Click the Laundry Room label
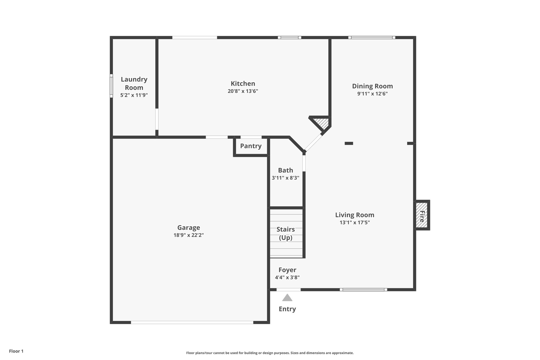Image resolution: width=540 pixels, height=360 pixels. [x=134, y=83]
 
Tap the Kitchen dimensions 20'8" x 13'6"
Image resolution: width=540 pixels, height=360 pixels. [x=243, y=91]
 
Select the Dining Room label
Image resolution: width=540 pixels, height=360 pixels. [x=372, y=86]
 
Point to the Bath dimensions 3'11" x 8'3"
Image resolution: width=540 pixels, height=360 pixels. [x=285, y=178]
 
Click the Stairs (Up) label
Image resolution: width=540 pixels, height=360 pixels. [x=286, y=233]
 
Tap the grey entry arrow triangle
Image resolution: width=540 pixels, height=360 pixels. [x=287, y=298]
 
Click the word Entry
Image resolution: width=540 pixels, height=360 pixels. [x=287, y=309]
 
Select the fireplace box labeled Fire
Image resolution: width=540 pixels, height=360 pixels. [x=422, y=215]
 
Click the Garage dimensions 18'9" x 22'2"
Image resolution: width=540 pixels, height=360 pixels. [x=189, y=235]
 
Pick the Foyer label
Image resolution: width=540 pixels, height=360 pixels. [x=287, y=270]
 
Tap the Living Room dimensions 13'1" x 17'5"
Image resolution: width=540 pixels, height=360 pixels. [x=354, y=222]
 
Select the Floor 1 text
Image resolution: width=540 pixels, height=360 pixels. [x=16, y=351]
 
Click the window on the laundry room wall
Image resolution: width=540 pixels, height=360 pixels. [x=111, y=86]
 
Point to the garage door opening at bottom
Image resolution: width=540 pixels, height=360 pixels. [x=192, y=322]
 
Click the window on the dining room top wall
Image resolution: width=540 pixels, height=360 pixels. [x=372, y=37]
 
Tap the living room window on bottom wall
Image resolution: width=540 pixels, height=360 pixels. [x=363, y=290]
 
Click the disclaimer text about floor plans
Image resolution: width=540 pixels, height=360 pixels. [x=270, y=353]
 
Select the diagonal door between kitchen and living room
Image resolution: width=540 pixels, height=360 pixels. [x=313, y=143]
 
